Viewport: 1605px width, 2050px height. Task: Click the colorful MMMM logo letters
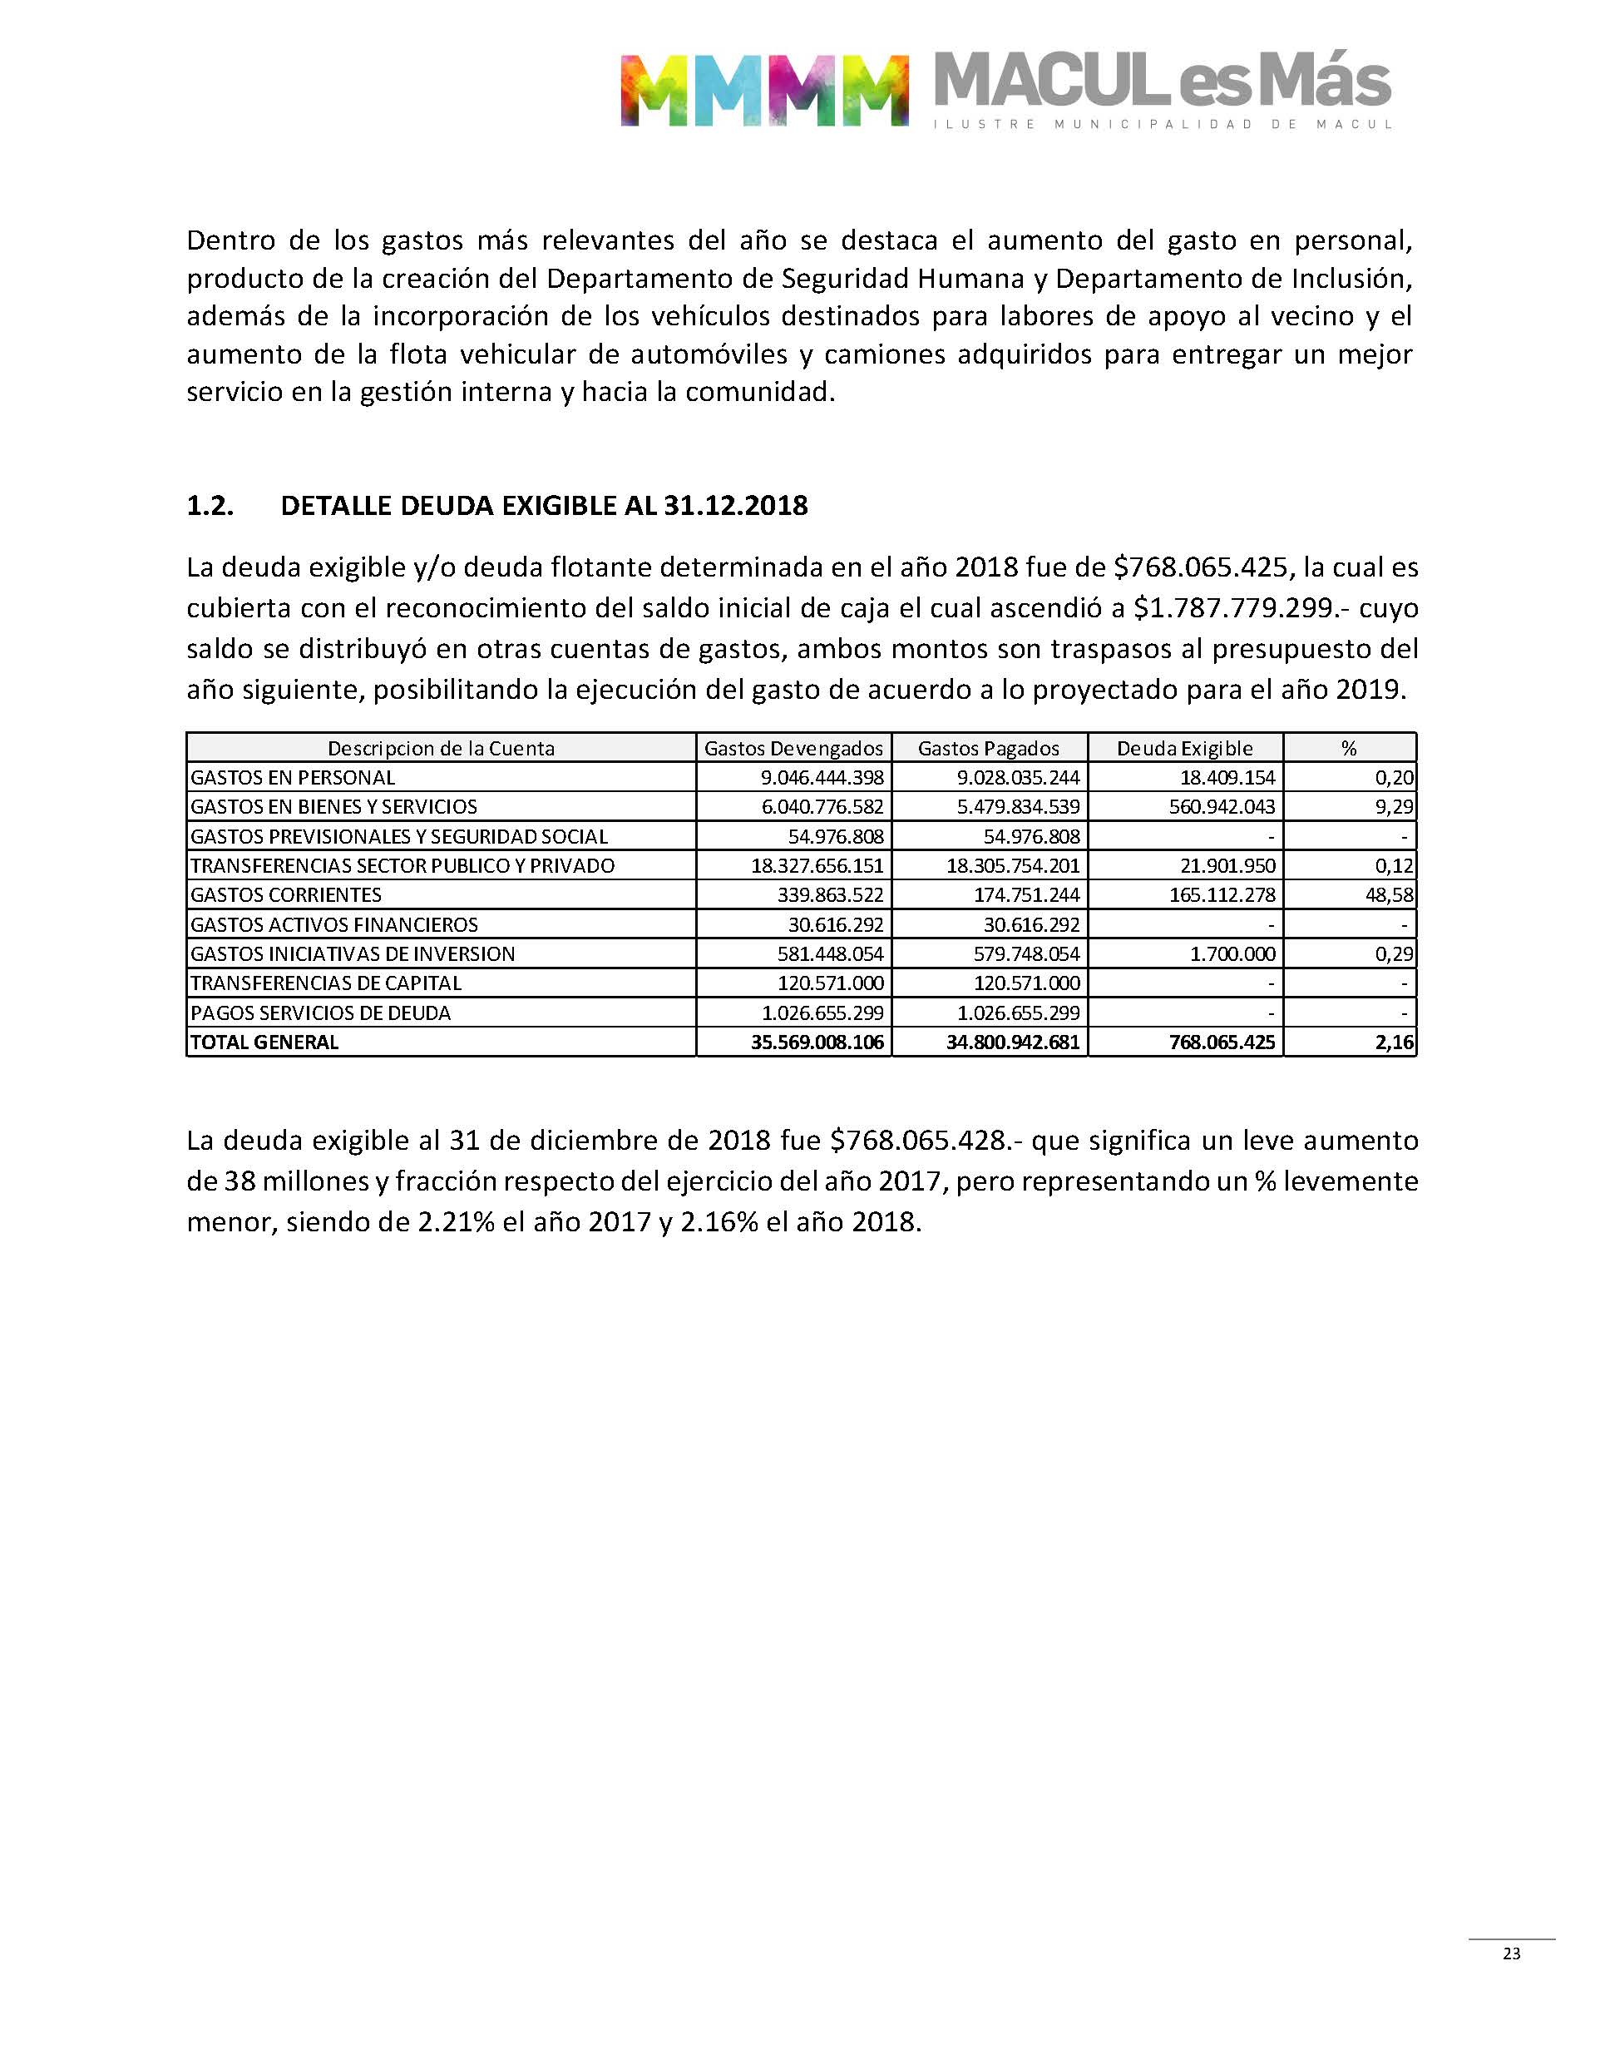pos(763,90)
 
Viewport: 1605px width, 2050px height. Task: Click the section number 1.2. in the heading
pos(210,506)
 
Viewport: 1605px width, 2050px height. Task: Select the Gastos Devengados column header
pos(793,748)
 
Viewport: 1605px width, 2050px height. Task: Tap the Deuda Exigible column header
pos(1184,748)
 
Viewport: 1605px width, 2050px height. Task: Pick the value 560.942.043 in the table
pos(1222,806)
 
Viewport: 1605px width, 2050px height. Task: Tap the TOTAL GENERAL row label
pos(264,1042)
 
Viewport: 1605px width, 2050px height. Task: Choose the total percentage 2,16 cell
pos(1395,1042)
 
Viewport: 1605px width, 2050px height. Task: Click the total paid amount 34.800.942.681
pos(1013,1042)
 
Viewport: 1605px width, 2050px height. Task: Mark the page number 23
pos(1511,1953)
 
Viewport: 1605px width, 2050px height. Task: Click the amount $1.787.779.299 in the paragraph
pos(1234,608)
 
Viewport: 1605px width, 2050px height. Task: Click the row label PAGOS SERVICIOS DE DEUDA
pos(320,1013)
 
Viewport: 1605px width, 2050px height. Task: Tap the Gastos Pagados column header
pos(989,748)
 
